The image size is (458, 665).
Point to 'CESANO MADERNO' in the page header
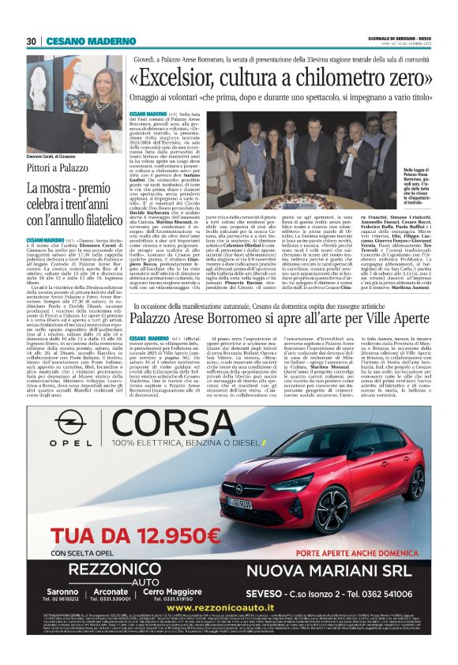(x=79, y=41)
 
